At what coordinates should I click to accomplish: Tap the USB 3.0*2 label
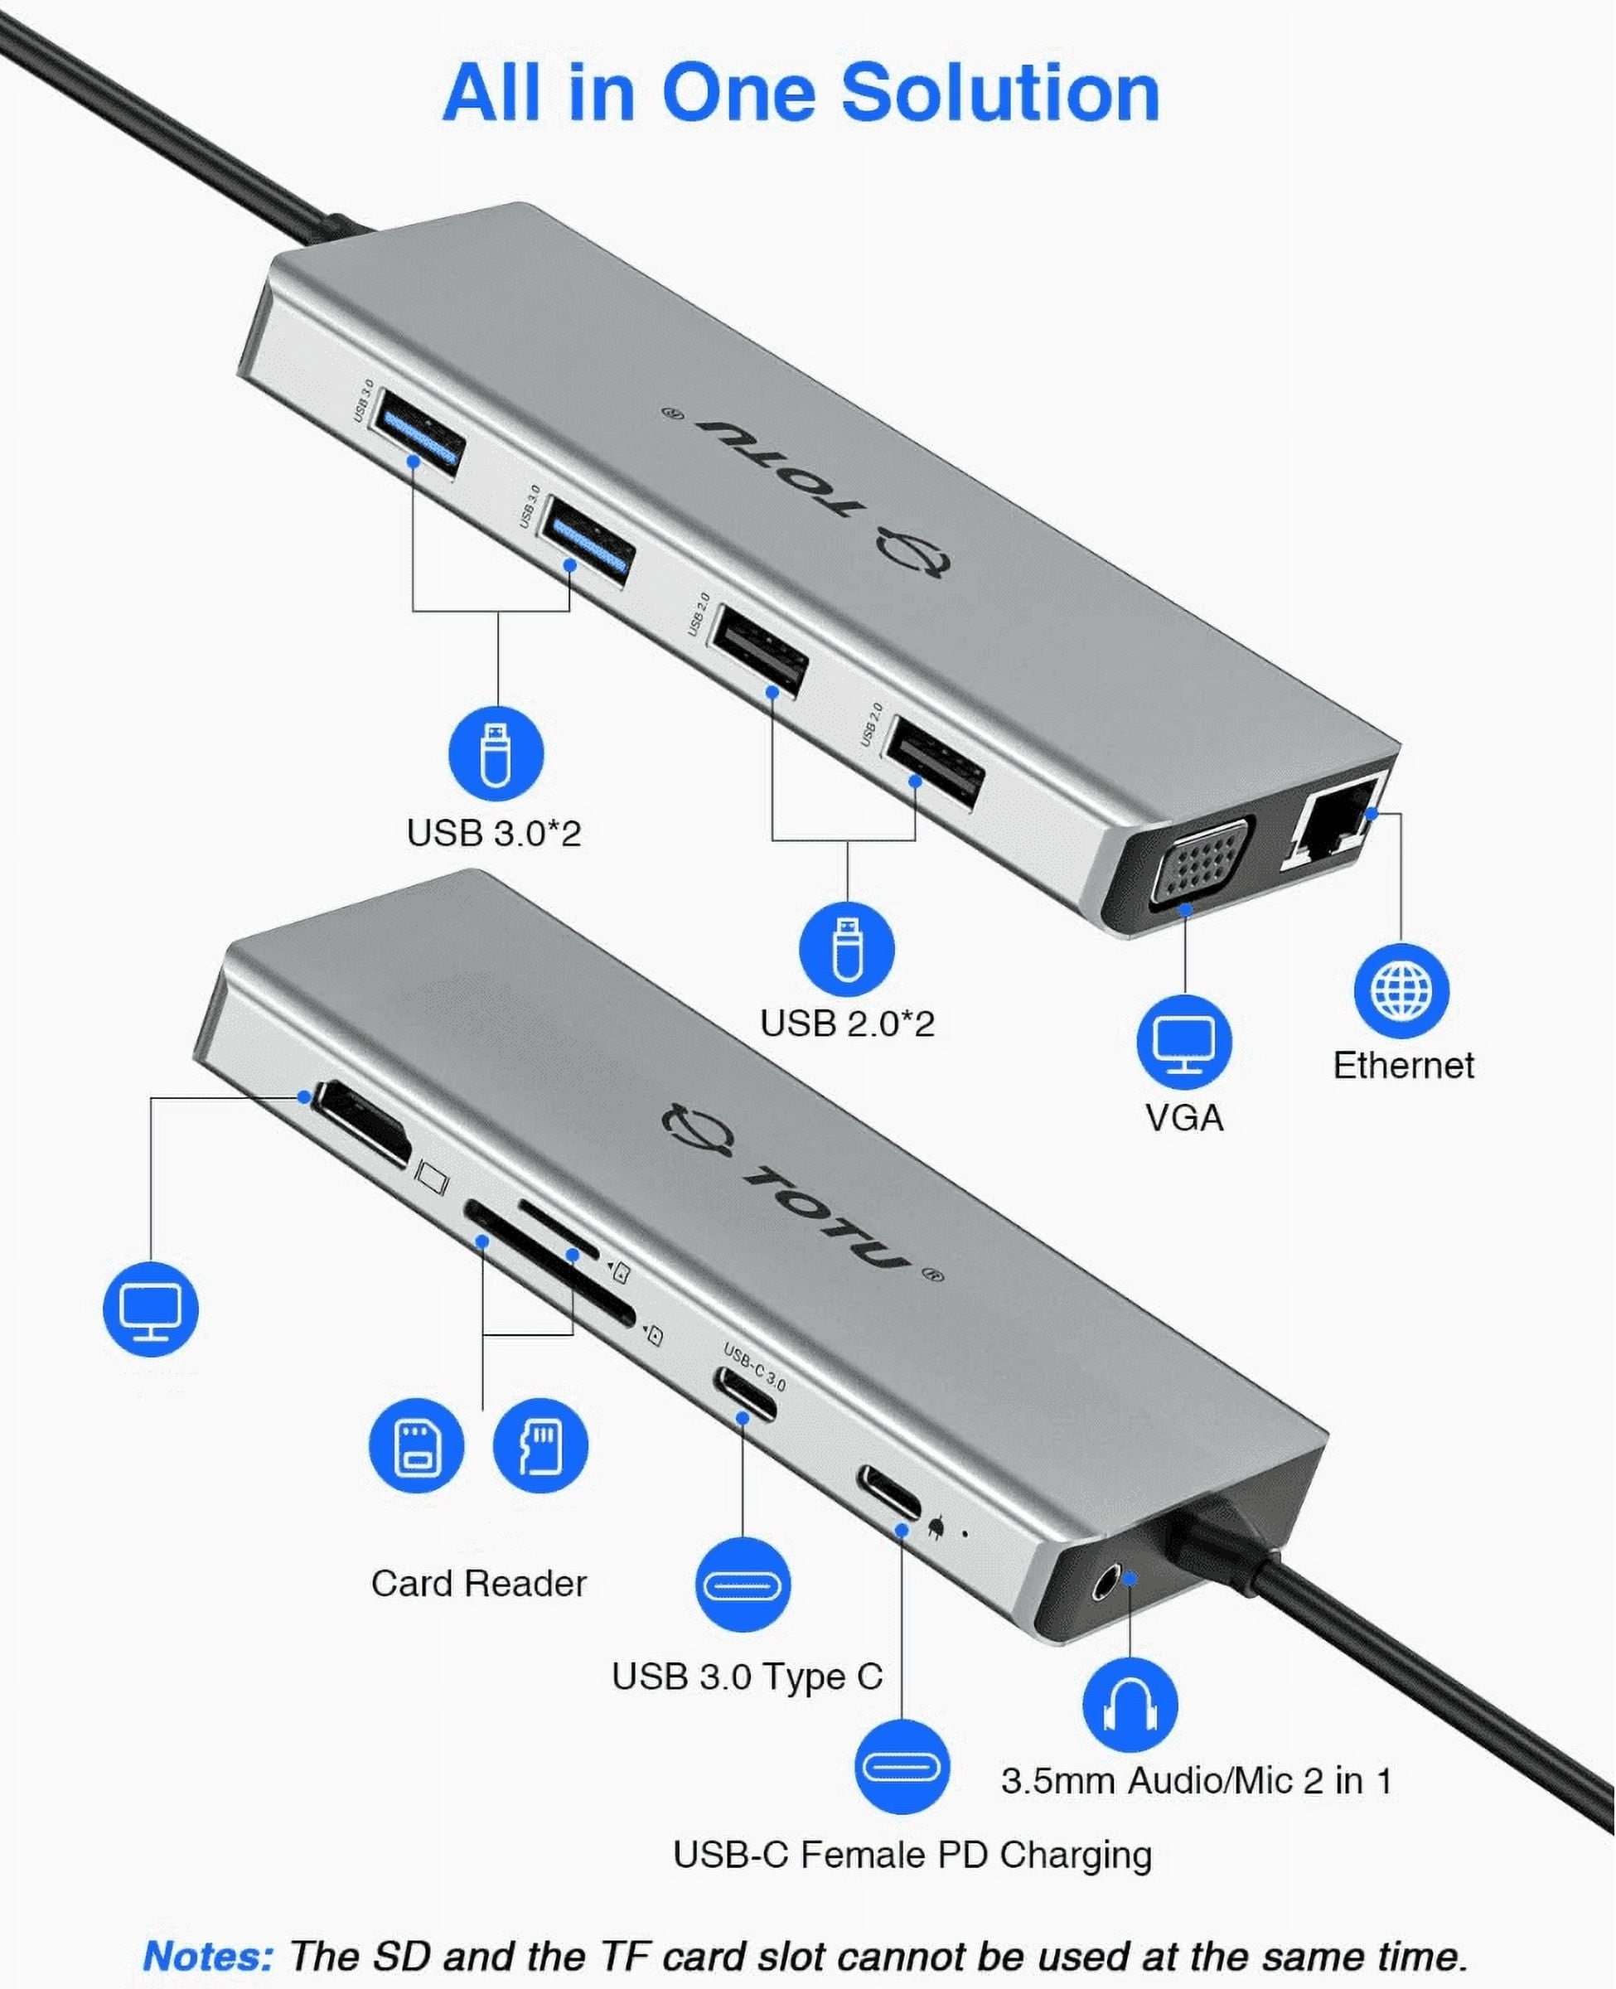(x=493, y=832)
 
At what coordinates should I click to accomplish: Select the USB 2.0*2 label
(x=846, y=1023)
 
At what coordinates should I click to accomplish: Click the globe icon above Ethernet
(x=1401, y=990)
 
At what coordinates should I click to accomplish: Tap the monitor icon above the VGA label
(x=1184, y=1042)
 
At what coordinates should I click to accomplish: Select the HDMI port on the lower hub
(x=362, y=1125)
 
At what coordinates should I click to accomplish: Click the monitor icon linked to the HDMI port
(x=151, y=1308)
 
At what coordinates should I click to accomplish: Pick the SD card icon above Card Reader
(x=416, y=1445)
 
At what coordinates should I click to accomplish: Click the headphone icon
(x=1130, y=1705)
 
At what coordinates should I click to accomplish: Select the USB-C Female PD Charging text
(x=912, y=1854)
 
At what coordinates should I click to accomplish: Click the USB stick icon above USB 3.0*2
(x=496, y=753)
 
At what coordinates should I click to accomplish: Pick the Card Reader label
(x=478, y=1582)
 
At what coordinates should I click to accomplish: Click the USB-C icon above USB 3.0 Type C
(x=743, y=1584)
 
